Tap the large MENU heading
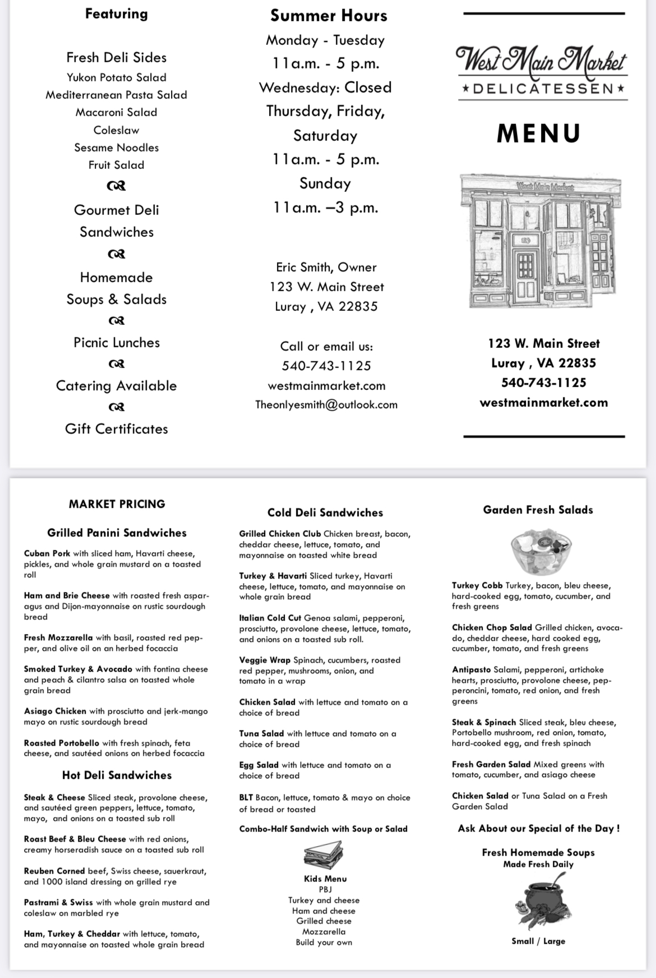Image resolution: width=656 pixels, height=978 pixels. pyautogui.click(x=539, y=134)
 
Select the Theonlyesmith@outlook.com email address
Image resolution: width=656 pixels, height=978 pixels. pyautogui.click(x=326, y=405)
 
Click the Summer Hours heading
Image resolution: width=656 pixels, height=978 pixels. pyautogui.click(x=329, y=16)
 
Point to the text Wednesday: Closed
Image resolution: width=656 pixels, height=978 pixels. pyautogui.click(x=325, y=88)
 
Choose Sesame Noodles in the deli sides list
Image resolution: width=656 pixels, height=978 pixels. pyautogui.click(x=117, y=148)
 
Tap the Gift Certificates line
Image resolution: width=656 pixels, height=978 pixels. pyautogui.click(x=117, y=429)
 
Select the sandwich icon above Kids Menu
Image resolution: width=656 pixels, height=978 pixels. pyautogui.click(x=324, y=855)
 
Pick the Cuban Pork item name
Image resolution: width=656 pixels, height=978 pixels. pyautogui.click(x=47, y=553)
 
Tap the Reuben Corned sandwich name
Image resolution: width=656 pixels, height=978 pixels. pyautogui.click(x=56, y=871)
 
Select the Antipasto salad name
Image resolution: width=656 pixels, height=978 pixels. pyautogui.click(x=472, y=669)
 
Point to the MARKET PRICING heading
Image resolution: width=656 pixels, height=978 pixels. pyautogui.click(x=117, y=504)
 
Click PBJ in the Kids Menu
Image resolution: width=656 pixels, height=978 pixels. pyautogui.click(x=325, y=889)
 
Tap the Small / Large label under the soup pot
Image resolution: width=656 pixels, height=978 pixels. pyautogui.click(x=538, y=941)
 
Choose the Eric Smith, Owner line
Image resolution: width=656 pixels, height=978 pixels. pyautogui.click(x=326, y=267)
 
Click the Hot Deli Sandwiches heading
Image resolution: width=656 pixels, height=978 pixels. pyautogui.click(x=117, y=775)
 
